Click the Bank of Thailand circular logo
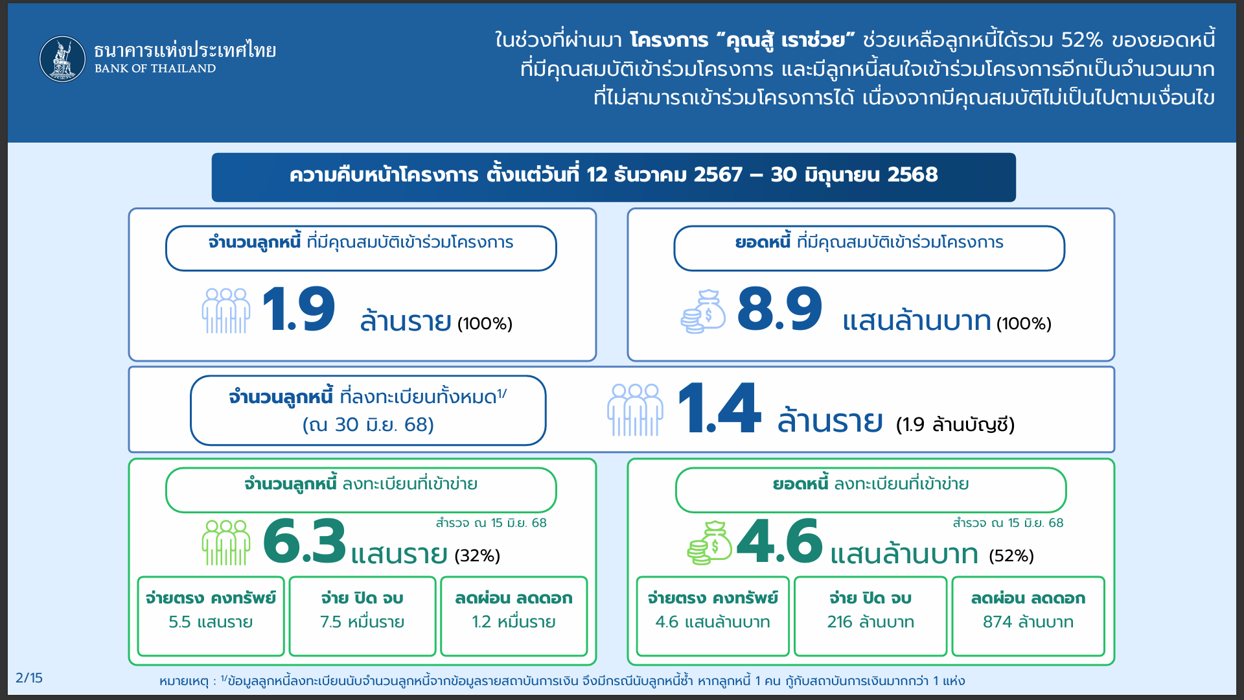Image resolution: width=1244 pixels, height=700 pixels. [62, 59]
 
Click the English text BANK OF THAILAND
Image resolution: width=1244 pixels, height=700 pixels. [155, 69]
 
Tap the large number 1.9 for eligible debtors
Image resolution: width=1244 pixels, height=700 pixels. [299, 309]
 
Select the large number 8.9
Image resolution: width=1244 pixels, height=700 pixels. [779, 309]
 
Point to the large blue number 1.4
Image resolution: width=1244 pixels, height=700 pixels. [719, 408]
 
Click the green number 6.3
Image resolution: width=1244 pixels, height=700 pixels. [305, 541]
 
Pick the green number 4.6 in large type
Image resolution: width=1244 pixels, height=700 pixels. [779, 541]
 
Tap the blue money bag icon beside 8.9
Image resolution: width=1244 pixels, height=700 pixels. [703, 312]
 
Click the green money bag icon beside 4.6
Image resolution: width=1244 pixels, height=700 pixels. [709, 543]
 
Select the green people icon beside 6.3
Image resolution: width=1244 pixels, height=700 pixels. [226, 543]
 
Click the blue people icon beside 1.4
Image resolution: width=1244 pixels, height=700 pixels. [635, 410]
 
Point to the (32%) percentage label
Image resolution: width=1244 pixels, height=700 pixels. [478, 556]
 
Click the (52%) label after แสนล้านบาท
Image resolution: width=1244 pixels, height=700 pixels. [1011, 556]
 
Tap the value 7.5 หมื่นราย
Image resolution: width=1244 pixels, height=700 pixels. [362, 622]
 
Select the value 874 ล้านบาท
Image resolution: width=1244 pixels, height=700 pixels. [1028, 622]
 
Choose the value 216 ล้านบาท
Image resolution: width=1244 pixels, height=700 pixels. [871, 622]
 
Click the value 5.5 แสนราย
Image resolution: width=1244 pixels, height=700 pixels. [211, 622]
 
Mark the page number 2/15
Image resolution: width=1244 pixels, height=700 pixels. [29, 678]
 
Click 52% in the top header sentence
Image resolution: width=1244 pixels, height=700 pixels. [1082, 40]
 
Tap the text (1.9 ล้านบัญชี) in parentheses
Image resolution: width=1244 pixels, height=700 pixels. [955, 425]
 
